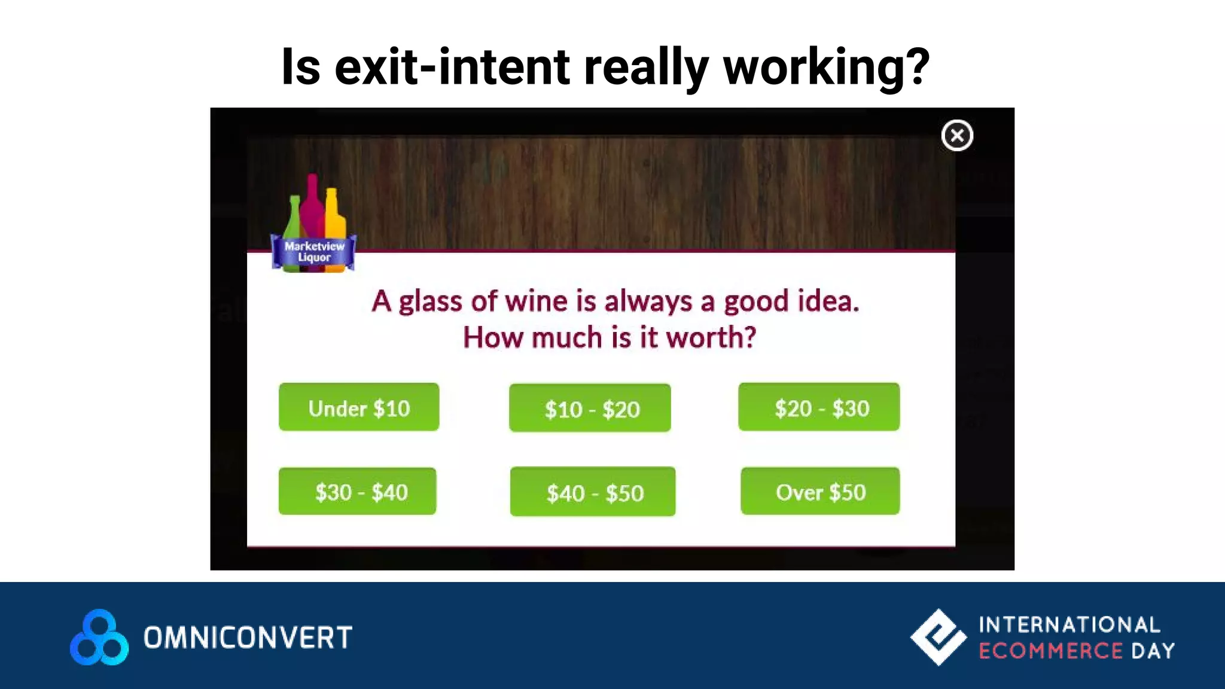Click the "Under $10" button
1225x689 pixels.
(x=359, y=407)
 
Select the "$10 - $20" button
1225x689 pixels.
(x=590, y=408)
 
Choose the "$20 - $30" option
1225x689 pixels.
(x=819, y=407)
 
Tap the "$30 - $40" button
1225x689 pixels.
(x=358, y=492)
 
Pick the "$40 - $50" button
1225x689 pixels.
(x=593, y=492)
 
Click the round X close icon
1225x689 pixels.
(x=957, y=136)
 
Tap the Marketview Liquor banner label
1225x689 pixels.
(x=314, y=252)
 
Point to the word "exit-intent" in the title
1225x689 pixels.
(x=452, y=67)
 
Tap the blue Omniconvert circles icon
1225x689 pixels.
(x=99, y=638)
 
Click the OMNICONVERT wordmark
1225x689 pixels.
(x=248, y=638)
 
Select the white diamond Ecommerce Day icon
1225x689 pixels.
(x=938, y=637)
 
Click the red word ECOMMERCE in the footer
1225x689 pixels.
(x=1050, y=651)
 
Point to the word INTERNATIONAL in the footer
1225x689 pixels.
(x=1069, y=625)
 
